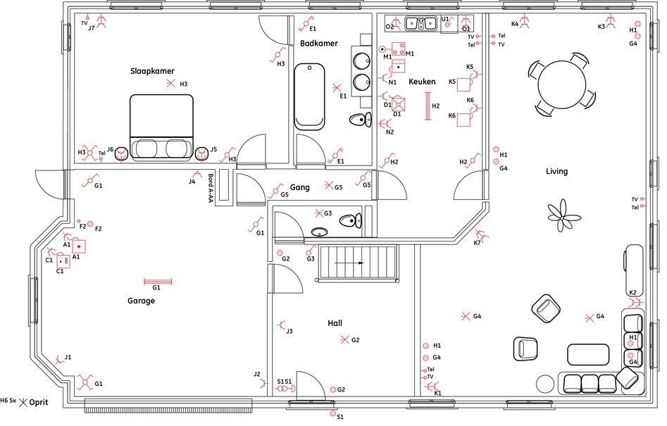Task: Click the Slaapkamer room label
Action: click(x=152, y=71)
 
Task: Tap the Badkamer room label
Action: click(x=318, y=44)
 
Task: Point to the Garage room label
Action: click(x=141, y=301)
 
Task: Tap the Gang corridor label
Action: click(x=299, y=187)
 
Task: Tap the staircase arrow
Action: click(x=349, y=263)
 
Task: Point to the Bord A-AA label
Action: click(x=211, y=189)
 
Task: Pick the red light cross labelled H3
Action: click(x=170, y=84)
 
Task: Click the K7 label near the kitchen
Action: click(x=478, y=243)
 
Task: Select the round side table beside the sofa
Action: click(x=545, y=384)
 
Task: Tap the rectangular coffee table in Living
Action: click(x=588, y=354)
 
